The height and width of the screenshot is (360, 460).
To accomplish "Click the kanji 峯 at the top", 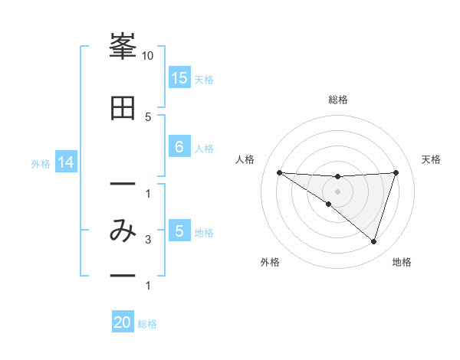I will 123,47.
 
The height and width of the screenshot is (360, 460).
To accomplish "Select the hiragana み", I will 123,231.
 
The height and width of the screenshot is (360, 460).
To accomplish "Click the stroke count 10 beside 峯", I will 148,56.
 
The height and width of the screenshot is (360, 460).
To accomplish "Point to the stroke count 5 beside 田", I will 148,116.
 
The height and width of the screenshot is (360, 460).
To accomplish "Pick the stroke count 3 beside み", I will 148,240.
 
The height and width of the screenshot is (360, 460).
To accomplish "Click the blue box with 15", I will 179,77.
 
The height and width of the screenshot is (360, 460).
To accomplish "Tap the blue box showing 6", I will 179,146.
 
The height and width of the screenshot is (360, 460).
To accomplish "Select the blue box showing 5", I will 179,231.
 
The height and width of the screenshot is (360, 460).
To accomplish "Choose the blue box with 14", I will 65,162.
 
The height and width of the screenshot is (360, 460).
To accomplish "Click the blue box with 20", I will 123,322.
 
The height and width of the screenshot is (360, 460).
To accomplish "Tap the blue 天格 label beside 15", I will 204,78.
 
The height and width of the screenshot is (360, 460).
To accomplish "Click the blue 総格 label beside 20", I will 147,324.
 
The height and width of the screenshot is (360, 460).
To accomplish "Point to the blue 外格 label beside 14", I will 41,163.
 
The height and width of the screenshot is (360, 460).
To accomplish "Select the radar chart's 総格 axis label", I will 337,100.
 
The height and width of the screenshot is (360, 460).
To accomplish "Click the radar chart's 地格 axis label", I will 402,262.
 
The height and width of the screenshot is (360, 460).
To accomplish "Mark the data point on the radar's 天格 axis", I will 396,172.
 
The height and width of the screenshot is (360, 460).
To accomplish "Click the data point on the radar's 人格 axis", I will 279,172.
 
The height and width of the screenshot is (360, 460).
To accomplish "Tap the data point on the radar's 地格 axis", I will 373,241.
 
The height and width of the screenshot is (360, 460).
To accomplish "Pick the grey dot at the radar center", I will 337,191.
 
